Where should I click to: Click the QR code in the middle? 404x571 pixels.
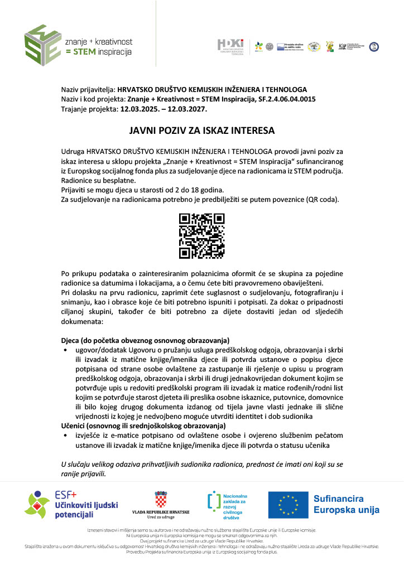tap(201, 236)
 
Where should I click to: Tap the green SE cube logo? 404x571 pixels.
tap(42, 45)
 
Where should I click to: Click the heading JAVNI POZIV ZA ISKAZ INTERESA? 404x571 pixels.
tap(202, 131)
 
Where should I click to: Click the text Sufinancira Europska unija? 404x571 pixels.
tap(346, 505)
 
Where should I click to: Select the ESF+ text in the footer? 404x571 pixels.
tap(65, 494)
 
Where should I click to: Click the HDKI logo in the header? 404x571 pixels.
tap(230, 46)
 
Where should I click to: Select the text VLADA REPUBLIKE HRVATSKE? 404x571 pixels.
tap(161, 512)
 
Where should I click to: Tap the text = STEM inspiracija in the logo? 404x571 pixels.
tap(98, 52)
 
